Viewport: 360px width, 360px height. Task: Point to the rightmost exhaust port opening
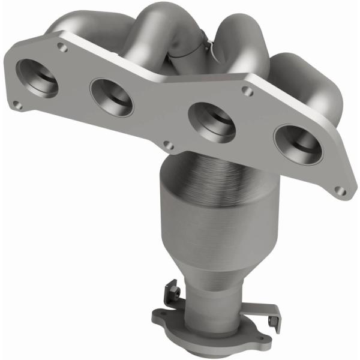(297, 144)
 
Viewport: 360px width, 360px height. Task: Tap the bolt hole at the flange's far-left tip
(18, 105)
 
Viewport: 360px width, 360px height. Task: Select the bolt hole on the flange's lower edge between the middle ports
(170, 145)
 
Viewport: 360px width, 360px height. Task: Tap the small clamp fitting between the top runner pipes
(201, 45)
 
